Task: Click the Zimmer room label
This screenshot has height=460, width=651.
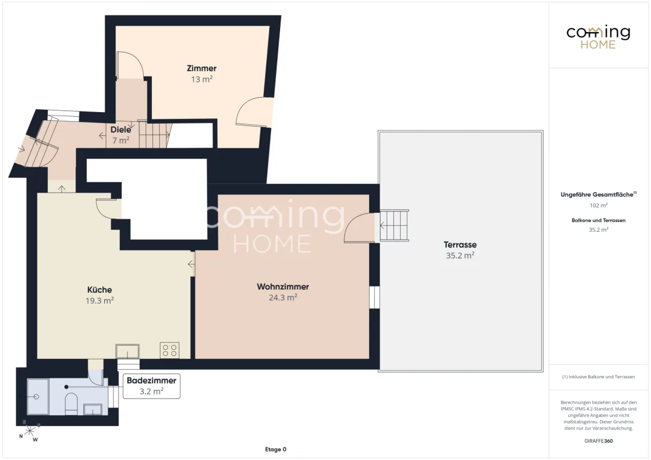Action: [201, 68]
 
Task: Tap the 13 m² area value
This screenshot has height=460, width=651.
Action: [202, 79]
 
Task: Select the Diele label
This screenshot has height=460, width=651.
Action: [121, 129]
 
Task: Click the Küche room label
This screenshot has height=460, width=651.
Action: [99, 290]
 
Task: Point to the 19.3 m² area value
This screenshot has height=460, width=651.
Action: [99, 301]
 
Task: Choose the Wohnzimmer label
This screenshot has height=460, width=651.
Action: [283, 286]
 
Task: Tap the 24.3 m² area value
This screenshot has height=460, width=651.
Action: [283, 297]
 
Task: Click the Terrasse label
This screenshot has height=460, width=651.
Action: [460, 244]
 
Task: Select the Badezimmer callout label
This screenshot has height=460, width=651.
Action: [152, 380]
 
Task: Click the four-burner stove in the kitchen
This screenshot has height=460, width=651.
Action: [170, 350]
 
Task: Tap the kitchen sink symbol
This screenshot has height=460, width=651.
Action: [128, 351]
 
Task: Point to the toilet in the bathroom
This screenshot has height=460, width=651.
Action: [71, 403]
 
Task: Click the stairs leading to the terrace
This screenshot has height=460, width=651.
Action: [394, 225]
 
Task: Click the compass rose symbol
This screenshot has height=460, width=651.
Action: [29, 431]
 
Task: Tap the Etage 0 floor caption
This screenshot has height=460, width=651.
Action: [275, 449]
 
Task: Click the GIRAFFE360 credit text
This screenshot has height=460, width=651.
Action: [598, 441]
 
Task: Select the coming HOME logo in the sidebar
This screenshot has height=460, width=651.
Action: [598, 37]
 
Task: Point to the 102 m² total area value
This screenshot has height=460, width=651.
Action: [599, 205]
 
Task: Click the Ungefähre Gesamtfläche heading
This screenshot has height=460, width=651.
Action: [598, 194]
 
